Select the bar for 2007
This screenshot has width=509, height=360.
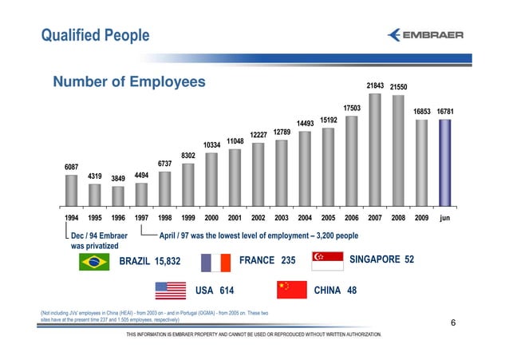click(374, 148)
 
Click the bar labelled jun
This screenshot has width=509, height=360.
click(445, 163)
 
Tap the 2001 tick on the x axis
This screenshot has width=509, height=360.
click(235, 217)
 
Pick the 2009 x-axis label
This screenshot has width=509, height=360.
click(421, 217)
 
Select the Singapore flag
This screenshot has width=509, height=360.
click(326, 260)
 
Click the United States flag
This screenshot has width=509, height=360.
click(170, 289)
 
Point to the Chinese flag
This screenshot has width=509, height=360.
click(290, 289)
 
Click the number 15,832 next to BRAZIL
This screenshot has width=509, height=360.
click(168, 261)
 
